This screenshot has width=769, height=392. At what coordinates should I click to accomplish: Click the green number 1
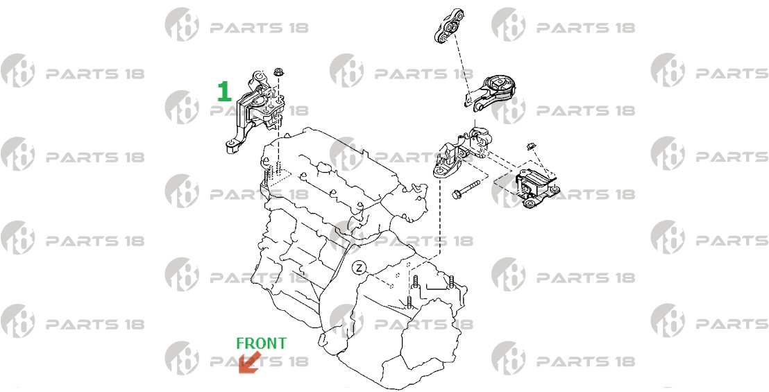pos(224,92)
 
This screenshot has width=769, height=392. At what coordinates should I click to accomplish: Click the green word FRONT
pos(261,343)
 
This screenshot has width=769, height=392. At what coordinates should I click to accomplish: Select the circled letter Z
pos(360,268)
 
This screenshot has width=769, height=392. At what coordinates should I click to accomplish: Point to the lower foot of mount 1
pos(233,146)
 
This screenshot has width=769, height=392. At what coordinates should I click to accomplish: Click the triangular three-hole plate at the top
pos(449,26)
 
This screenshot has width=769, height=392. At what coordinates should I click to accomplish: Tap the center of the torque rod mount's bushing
pos(499,83)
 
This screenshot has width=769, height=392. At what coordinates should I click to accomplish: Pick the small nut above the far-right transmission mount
pos(530,146)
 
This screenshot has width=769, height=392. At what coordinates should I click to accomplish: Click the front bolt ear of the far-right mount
pos(530,203)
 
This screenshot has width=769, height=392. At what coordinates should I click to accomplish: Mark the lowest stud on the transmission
pos(410,302)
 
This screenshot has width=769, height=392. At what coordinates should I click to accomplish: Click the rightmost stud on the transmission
pos(450,282)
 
